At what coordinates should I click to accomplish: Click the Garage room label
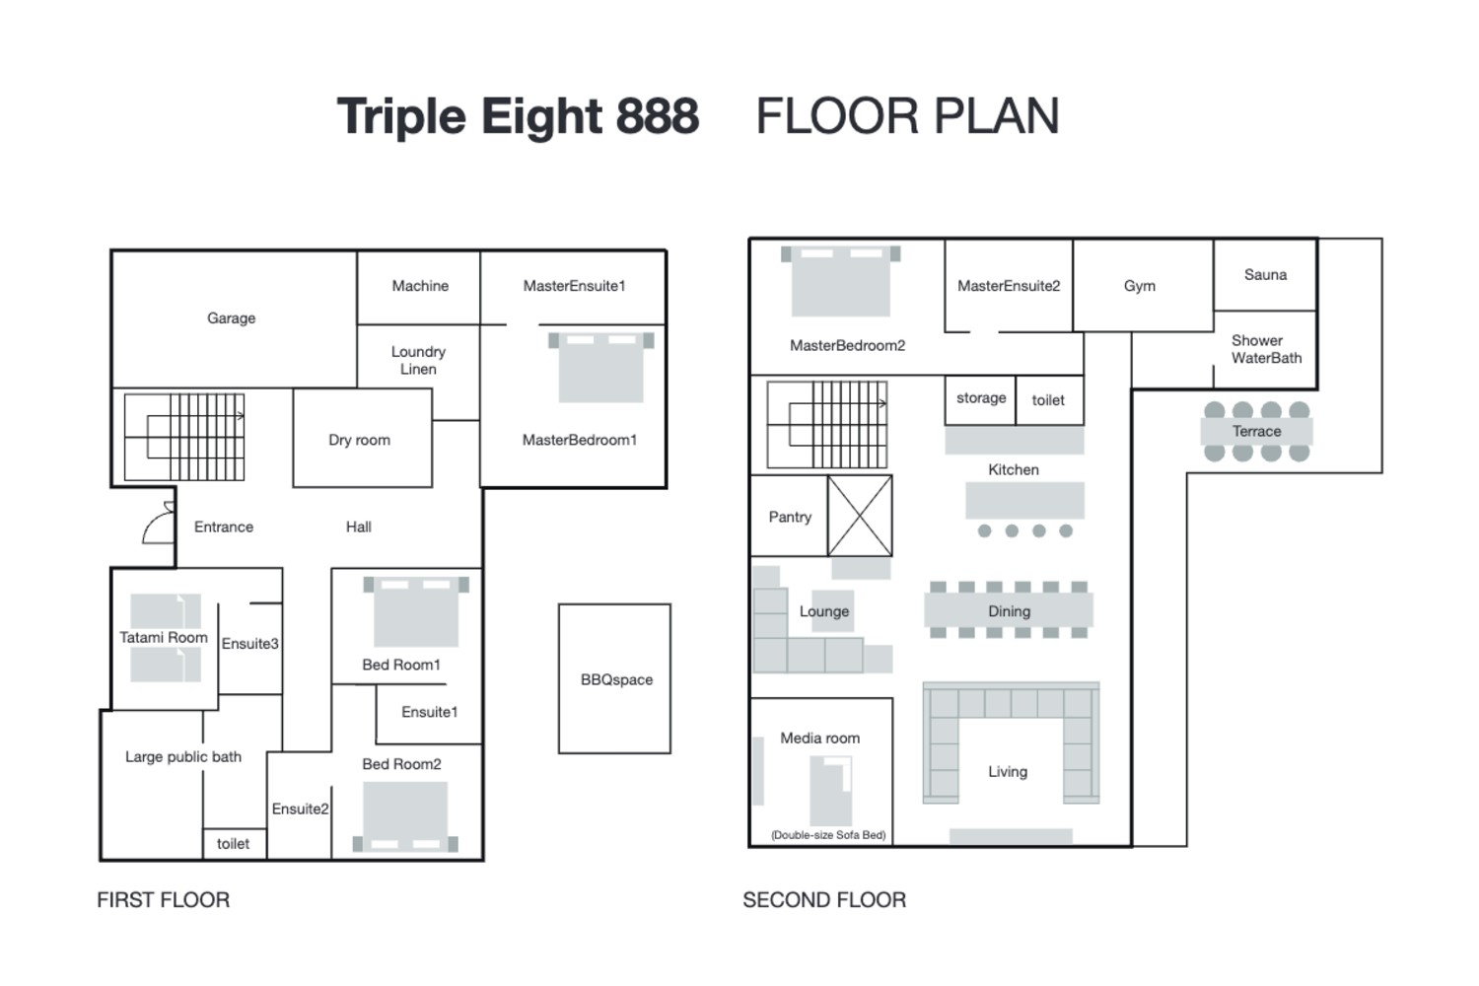pos(231,318)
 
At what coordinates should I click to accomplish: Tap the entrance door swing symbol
pos(159,524)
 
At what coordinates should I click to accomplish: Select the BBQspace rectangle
pos(614,678)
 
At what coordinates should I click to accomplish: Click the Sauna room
pos(1265,275)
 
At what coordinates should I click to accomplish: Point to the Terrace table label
pos(1256,432)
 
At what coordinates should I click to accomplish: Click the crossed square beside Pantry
pos(860,516)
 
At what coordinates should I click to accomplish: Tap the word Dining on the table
pos(1009,611)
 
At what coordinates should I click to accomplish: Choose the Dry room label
pos(359,440)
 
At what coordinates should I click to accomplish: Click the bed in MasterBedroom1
pos(600,366)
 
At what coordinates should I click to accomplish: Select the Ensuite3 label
pos(249,644)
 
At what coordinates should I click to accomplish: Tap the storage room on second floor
pos(980,398)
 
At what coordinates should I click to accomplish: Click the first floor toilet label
pos(234,844)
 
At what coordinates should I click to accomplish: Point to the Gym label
pos(1139,286)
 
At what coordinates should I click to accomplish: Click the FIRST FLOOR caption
pos(163,899)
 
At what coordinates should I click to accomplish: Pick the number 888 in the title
pos(658,116)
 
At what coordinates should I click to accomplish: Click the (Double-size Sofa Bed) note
pos(828,835)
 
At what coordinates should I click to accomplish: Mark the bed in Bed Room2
pos(405,816)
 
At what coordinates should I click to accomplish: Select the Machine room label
pos(420,286)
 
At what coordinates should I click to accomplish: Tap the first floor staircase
pos(184,437)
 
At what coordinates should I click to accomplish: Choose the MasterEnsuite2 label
pos(1009,286)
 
